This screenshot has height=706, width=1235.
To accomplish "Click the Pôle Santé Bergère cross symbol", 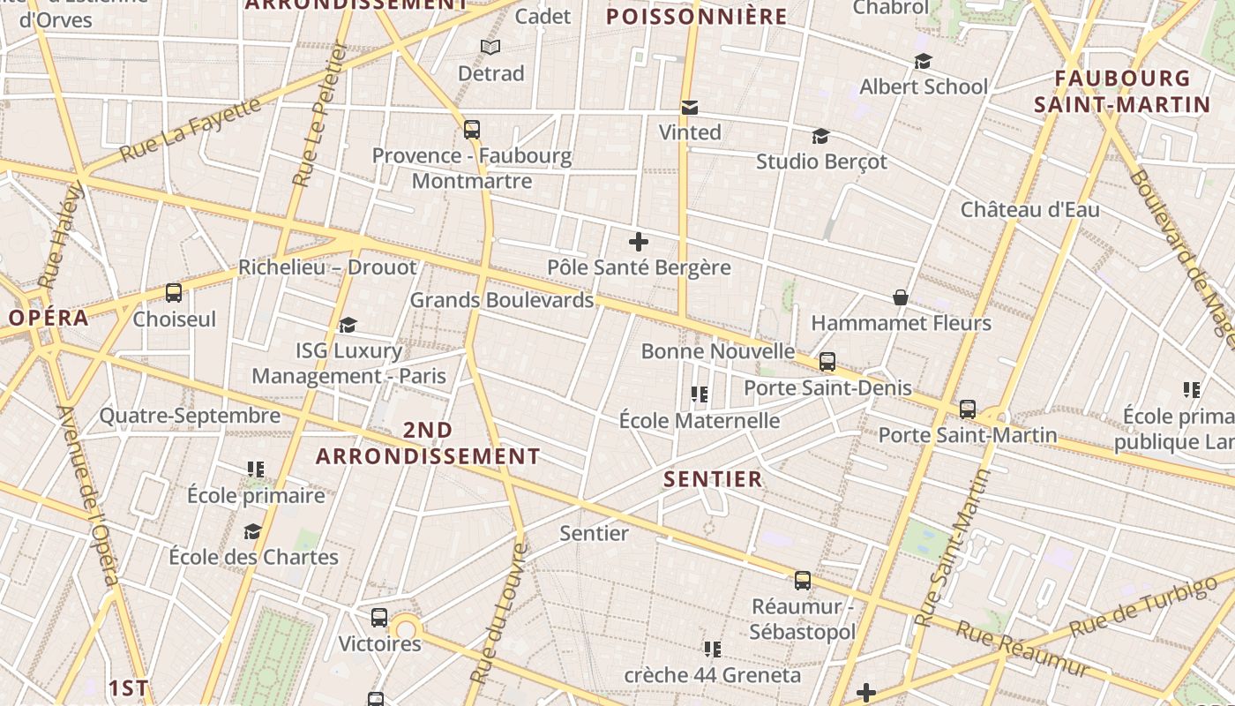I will (x=639, y=242).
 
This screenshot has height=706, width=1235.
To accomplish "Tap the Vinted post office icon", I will (x=690, y=108).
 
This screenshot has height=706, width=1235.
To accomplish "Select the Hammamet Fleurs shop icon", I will (x=901, y=298).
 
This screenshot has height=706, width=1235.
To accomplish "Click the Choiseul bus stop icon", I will (x=174, y=293).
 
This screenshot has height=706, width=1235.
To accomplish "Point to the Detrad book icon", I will (x=490, y=48).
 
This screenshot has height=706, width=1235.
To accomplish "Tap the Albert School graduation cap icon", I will (x=923, y=62).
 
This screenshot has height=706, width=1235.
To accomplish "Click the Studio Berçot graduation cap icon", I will (x=820, y=137).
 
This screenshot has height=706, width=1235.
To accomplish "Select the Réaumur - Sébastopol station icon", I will (x=802, y=581).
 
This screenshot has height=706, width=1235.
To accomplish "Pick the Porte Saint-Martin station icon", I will (x=968, y=409).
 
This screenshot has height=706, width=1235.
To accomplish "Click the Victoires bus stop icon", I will (x=379, y=618).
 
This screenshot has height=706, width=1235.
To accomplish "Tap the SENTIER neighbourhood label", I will (x=713, y=479).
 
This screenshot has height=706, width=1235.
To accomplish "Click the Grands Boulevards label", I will (x=502, y=300).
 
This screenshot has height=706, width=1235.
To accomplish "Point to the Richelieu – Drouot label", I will (x=327, y=267).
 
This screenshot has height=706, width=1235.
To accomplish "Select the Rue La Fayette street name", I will (x=191, y=129).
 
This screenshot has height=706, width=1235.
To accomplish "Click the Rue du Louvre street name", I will (x=498, y=613).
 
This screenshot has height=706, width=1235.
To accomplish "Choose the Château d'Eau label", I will (x=1029, y=210).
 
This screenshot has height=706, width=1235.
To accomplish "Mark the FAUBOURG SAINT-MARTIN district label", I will (x=1122, y=92).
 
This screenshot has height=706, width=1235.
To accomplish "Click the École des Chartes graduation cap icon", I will (x=253, y=531).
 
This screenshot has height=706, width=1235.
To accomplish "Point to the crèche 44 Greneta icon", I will (x=713, y=650).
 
